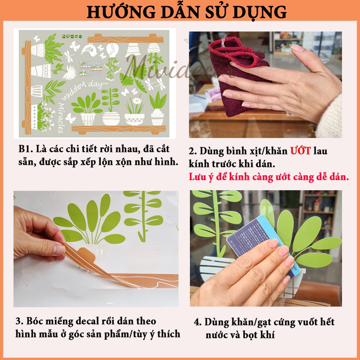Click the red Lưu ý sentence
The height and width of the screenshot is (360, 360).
click(x=269, y=177)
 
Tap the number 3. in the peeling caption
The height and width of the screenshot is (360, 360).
click(x=19, y=321)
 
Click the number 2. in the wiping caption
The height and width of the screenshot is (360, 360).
click(x=193, y=152)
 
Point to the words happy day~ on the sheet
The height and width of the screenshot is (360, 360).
click(x=81, y=93)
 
